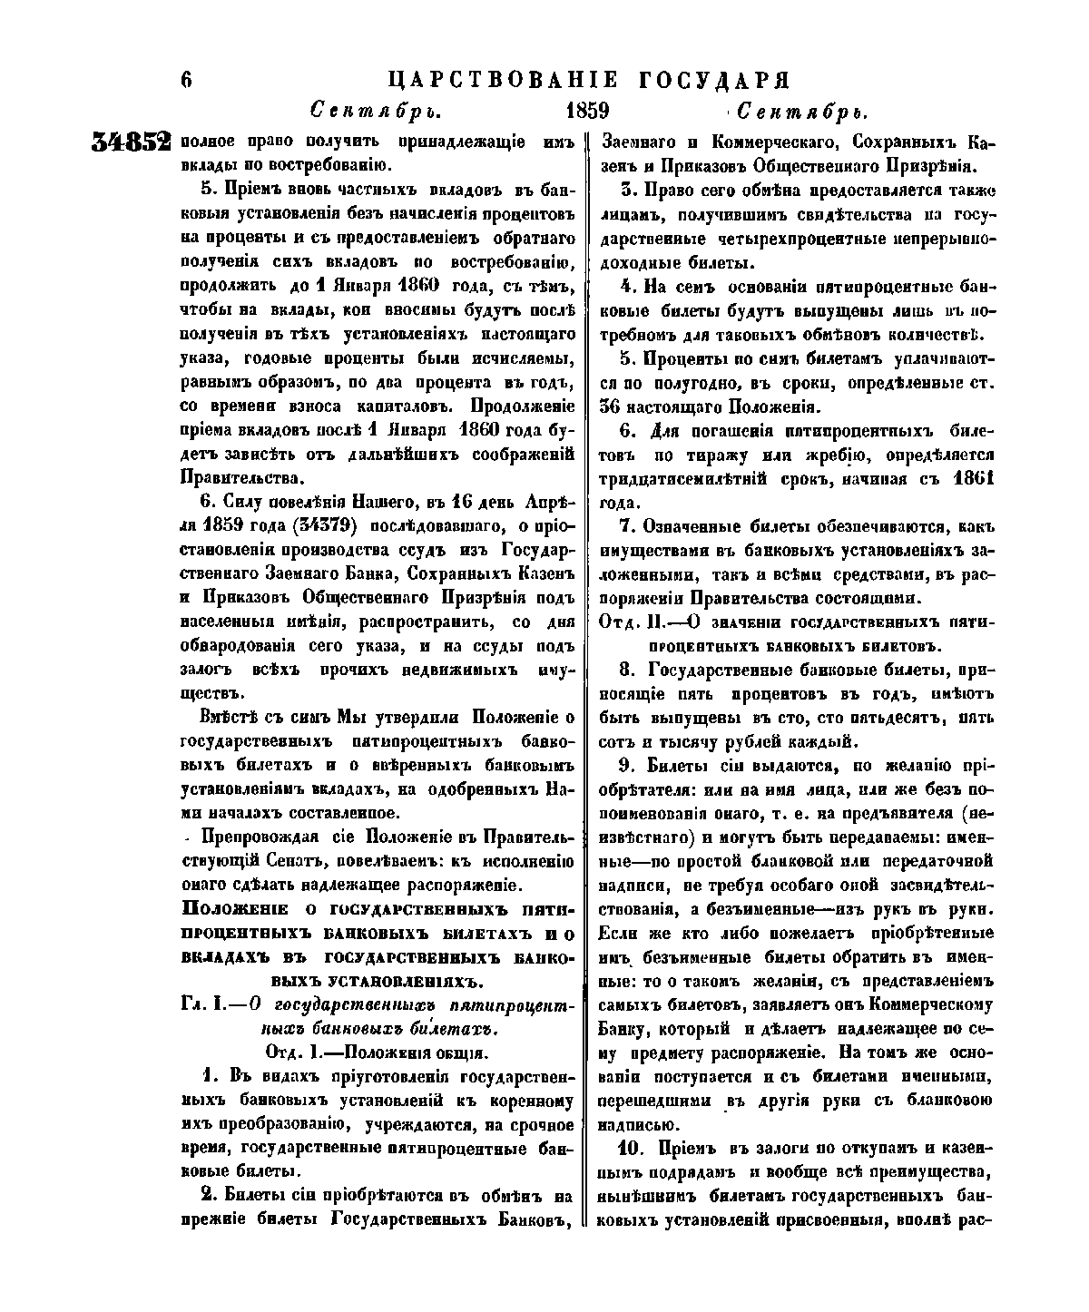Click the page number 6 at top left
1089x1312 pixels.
pyautogui.click(x=187, y=79)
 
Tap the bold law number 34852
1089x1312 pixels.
pyautogui.click(x=132, y=142)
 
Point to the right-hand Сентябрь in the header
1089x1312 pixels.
pyautogui.click(x=803, y=113)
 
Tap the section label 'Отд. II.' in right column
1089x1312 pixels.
pyautogui.click(x=633, y=622)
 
